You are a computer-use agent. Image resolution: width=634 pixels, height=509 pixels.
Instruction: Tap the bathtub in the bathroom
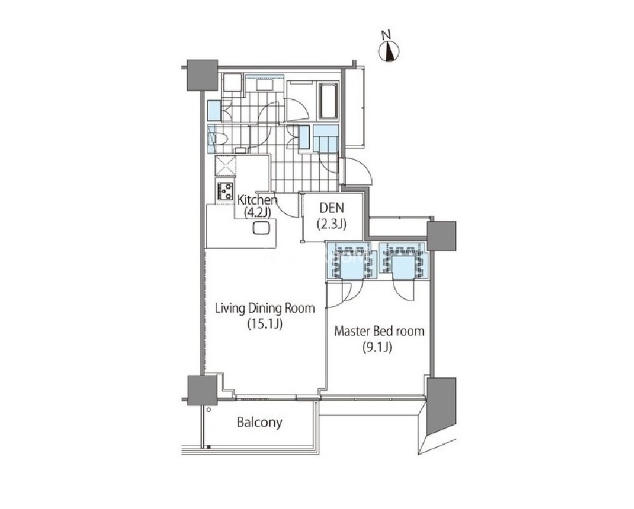pos(328,101)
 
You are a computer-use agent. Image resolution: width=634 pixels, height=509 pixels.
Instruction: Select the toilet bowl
pos(221,139)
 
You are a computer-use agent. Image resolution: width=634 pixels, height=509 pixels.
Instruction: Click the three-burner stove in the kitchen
pos(225,191)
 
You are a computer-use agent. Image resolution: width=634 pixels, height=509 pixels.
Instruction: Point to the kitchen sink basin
pos(261,228)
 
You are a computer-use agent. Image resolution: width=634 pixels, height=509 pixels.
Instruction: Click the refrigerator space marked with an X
pos(225,166)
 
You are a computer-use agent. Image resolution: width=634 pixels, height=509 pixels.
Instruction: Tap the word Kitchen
pos(257,200)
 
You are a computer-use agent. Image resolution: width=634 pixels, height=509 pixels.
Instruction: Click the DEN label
pos(331,208)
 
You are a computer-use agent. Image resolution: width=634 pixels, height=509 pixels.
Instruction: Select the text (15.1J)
pos(265,324)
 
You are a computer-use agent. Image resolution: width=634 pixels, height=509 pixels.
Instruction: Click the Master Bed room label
pos(380,331)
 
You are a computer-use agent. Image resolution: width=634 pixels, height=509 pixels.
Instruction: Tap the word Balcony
pos(260,423)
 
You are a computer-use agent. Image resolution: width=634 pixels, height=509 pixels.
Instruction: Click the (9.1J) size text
pos(377,348)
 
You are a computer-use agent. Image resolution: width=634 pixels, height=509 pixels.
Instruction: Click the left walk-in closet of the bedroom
pos(352,261)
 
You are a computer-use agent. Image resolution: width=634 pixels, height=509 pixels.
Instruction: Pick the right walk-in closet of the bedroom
pos(403,261)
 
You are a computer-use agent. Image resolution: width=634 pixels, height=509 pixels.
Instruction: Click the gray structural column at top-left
pos(202,76)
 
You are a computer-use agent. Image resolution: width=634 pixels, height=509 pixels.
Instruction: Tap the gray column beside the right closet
pos(442,236)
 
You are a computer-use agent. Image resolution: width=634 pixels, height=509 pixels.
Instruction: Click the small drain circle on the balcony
pos(208,410)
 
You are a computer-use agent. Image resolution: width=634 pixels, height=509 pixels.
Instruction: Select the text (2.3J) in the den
pos(331,224)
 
